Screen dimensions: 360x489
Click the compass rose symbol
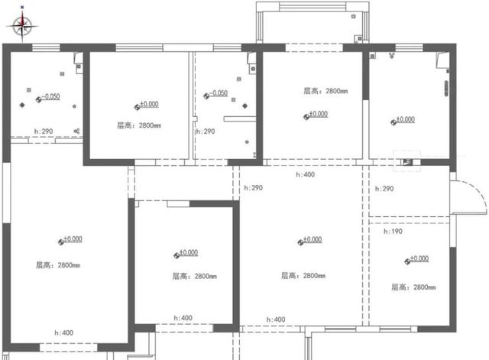click(x=23, y=27)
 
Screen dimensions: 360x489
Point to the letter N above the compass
click(x=23, y=7)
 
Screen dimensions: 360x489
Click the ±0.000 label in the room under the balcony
click(x=317, y=114)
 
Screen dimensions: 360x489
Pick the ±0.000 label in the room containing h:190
click(x=417, y=259)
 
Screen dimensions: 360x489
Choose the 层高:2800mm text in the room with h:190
click(x=413, y=287)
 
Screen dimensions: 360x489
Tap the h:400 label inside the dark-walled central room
click(x=183, y=318)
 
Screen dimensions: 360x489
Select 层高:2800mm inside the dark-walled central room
click(x=194, y=277)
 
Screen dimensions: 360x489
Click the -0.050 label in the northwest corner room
click(x=50, y=97)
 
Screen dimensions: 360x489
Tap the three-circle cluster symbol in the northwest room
click(x=78, y=131)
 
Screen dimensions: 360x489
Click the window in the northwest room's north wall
click(x=46, y=47)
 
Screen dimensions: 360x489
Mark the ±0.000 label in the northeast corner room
click(x=403, y=119)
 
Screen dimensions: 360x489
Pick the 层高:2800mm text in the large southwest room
click(x=57, y=265)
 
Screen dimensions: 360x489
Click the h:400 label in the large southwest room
click(x=63, y=332)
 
